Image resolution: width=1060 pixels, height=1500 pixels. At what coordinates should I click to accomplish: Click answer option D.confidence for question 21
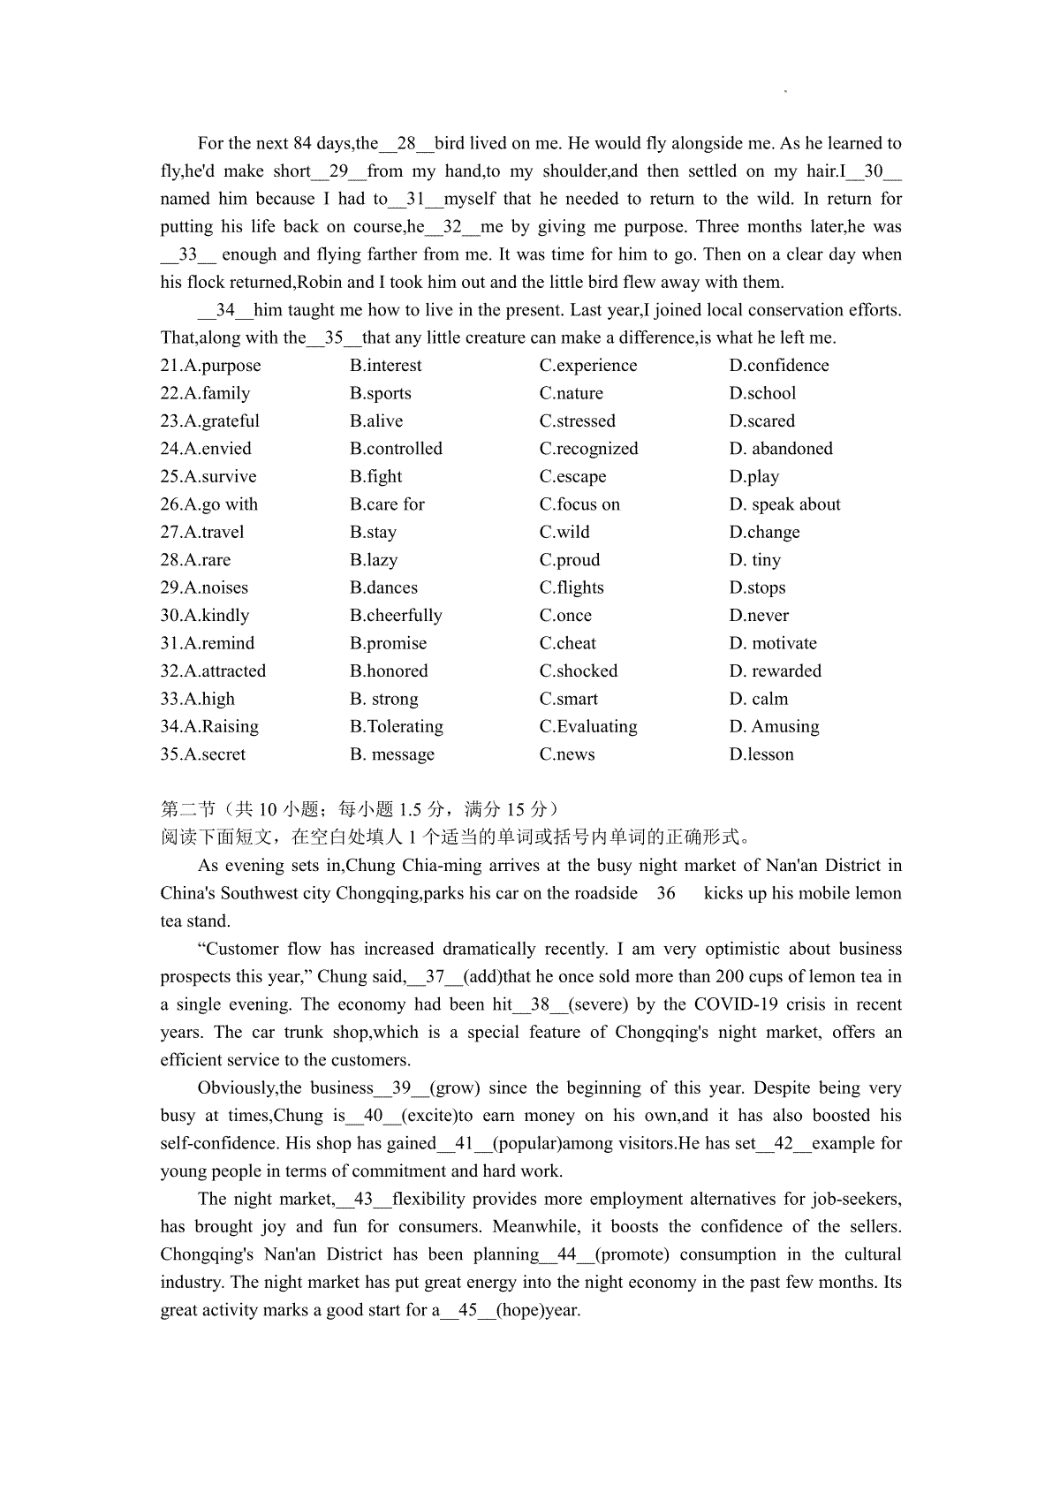click(779, 366)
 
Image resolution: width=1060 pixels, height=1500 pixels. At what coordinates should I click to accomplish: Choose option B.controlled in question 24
click(396, 449)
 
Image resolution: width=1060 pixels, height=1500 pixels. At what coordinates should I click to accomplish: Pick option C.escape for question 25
click(572, 477)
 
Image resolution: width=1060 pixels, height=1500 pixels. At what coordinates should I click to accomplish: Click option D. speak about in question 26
click(784, 504)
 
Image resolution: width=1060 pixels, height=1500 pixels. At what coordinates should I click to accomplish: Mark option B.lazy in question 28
click(374, 560)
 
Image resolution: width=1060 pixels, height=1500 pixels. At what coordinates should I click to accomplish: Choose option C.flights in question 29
click(572, 588)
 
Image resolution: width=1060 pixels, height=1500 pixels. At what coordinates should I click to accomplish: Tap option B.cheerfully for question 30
click(396, 616)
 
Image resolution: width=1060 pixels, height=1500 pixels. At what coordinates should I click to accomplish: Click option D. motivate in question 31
click(773, 644)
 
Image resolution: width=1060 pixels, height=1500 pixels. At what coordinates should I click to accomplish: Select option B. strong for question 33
click(383, 700)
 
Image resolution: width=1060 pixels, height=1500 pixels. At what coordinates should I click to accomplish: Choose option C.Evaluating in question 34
click(588, 727)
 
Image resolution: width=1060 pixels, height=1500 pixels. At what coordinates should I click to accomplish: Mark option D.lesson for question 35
click(761, 754)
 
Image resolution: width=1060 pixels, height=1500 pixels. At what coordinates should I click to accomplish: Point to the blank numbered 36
click(666, 893)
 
